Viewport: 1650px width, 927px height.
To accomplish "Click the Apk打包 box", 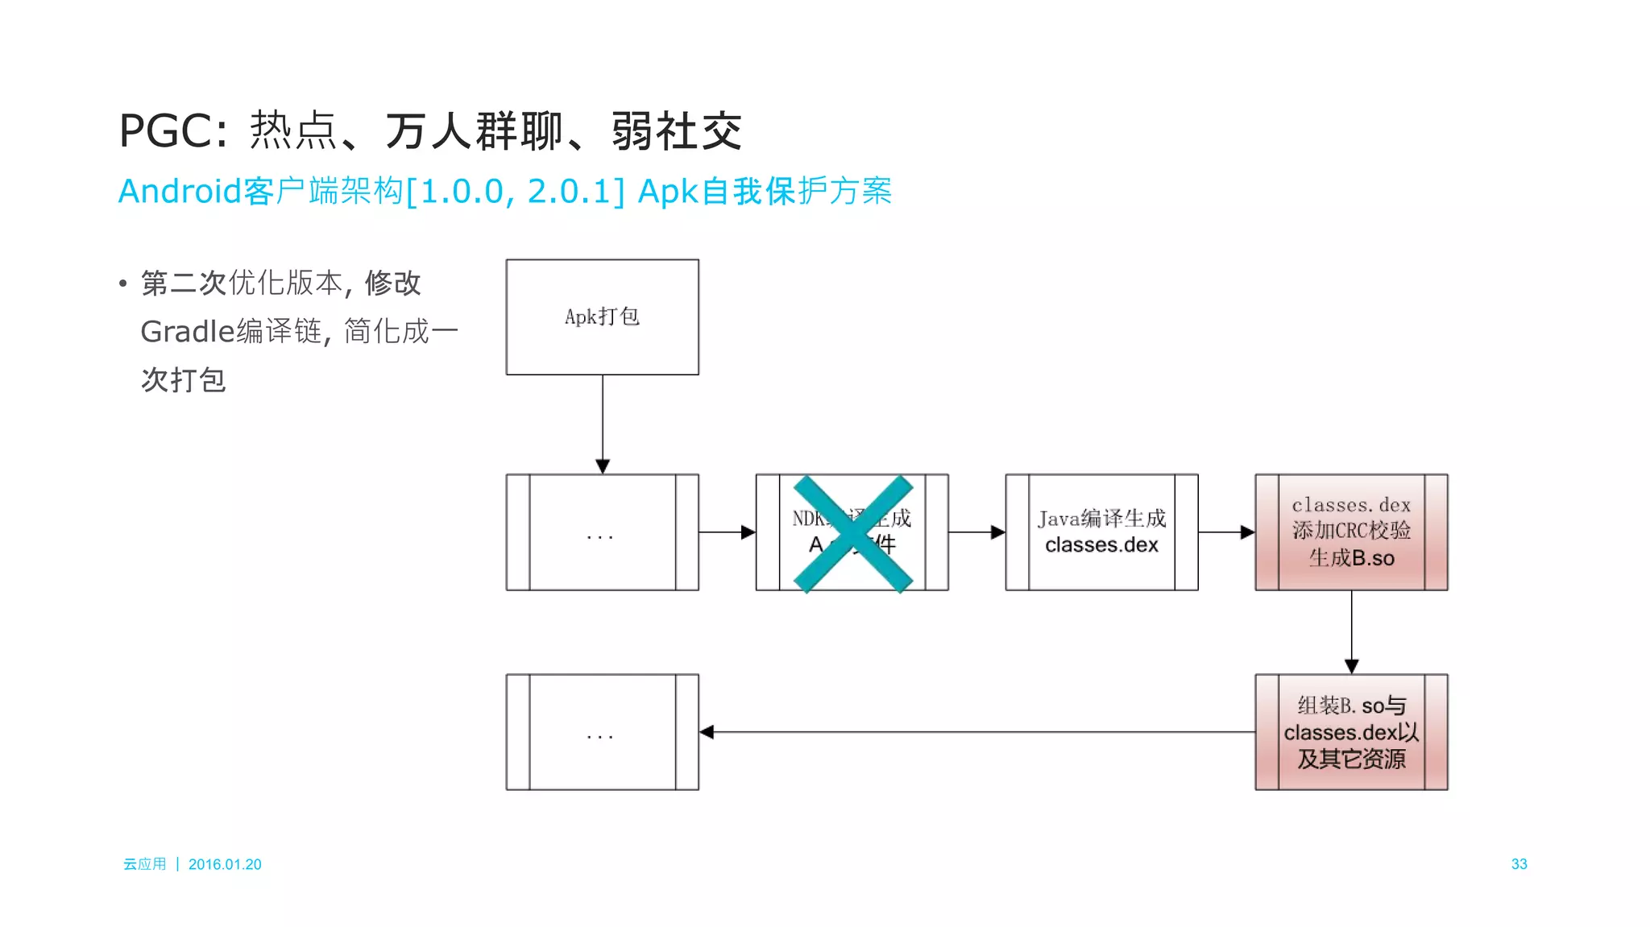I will coord(602,317).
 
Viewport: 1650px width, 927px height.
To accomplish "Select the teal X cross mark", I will coord(853,533).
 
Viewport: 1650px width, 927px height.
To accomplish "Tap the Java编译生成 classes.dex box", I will coord(1101,532).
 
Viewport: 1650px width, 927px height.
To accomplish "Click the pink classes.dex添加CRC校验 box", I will coord(1351,532).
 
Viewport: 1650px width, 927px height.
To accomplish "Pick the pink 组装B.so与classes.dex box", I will coord(1351,731).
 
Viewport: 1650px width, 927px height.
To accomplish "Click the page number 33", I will coord(1519,864).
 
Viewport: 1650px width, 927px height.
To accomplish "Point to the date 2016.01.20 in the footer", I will coord(225,864).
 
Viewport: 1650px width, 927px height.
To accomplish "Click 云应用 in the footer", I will coord(144,864).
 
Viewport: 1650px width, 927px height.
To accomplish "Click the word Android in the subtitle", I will coord(180,192).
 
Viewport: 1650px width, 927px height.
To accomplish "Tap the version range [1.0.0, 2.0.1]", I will coord(516,192).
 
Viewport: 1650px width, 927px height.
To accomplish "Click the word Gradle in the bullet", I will coord(187,332).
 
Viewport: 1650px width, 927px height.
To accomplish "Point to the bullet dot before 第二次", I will coord(122,283).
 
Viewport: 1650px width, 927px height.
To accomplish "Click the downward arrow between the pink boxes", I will coord(1352,632).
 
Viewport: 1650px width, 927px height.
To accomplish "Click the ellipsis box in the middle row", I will coord(602,532).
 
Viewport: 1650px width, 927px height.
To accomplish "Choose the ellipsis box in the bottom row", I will coord(602,732).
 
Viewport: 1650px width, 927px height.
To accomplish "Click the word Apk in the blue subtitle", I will coord(667,192).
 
